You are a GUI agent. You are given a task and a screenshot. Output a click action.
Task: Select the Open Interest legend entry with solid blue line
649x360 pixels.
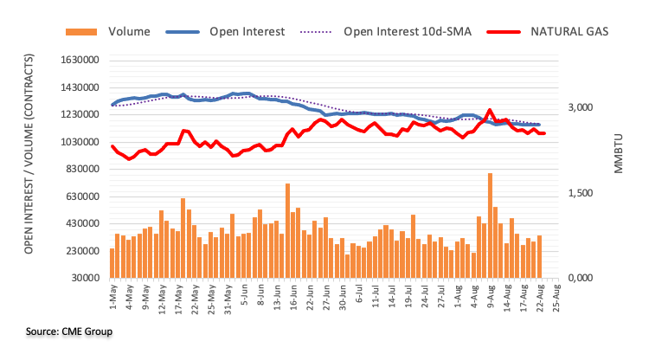[x=247, y=32]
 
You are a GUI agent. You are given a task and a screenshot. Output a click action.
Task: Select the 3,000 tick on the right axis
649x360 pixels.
[x=581, y=108]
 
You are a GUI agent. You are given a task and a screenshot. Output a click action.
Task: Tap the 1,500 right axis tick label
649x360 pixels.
[x=581, y=193]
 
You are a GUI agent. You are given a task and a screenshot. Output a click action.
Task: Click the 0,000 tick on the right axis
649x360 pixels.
[x=581, y=278]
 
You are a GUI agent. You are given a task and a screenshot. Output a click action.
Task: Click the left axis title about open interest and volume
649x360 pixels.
[x=28, y=169]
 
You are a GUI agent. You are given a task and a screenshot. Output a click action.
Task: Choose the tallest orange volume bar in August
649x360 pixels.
[x=490, y=225]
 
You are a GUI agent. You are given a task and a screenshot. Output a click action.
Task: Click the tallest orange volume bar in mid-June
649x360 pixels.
[x=287, y=230]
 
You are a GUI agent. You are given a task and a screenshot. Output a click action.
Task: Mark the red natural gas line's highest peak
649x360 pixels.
[x=490, y=111]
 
